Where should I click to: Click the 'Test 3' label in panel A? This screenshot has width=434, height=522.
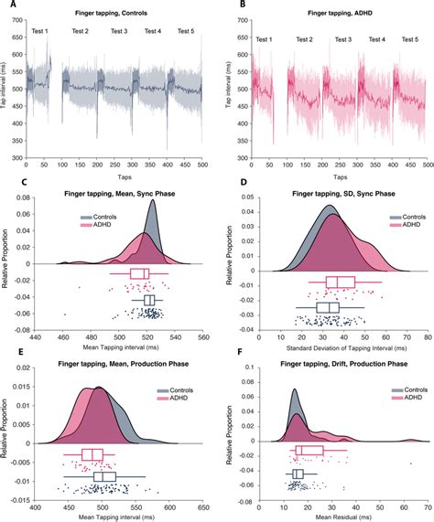(119, 32)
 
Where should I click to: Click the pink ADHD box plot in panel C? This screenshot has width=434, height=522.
(139, 273)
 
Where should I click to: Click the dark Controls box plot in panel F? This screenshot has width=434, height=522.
(297, 474)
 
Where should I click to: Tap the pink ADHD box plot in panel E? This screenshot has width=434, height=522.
(92, 455)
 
